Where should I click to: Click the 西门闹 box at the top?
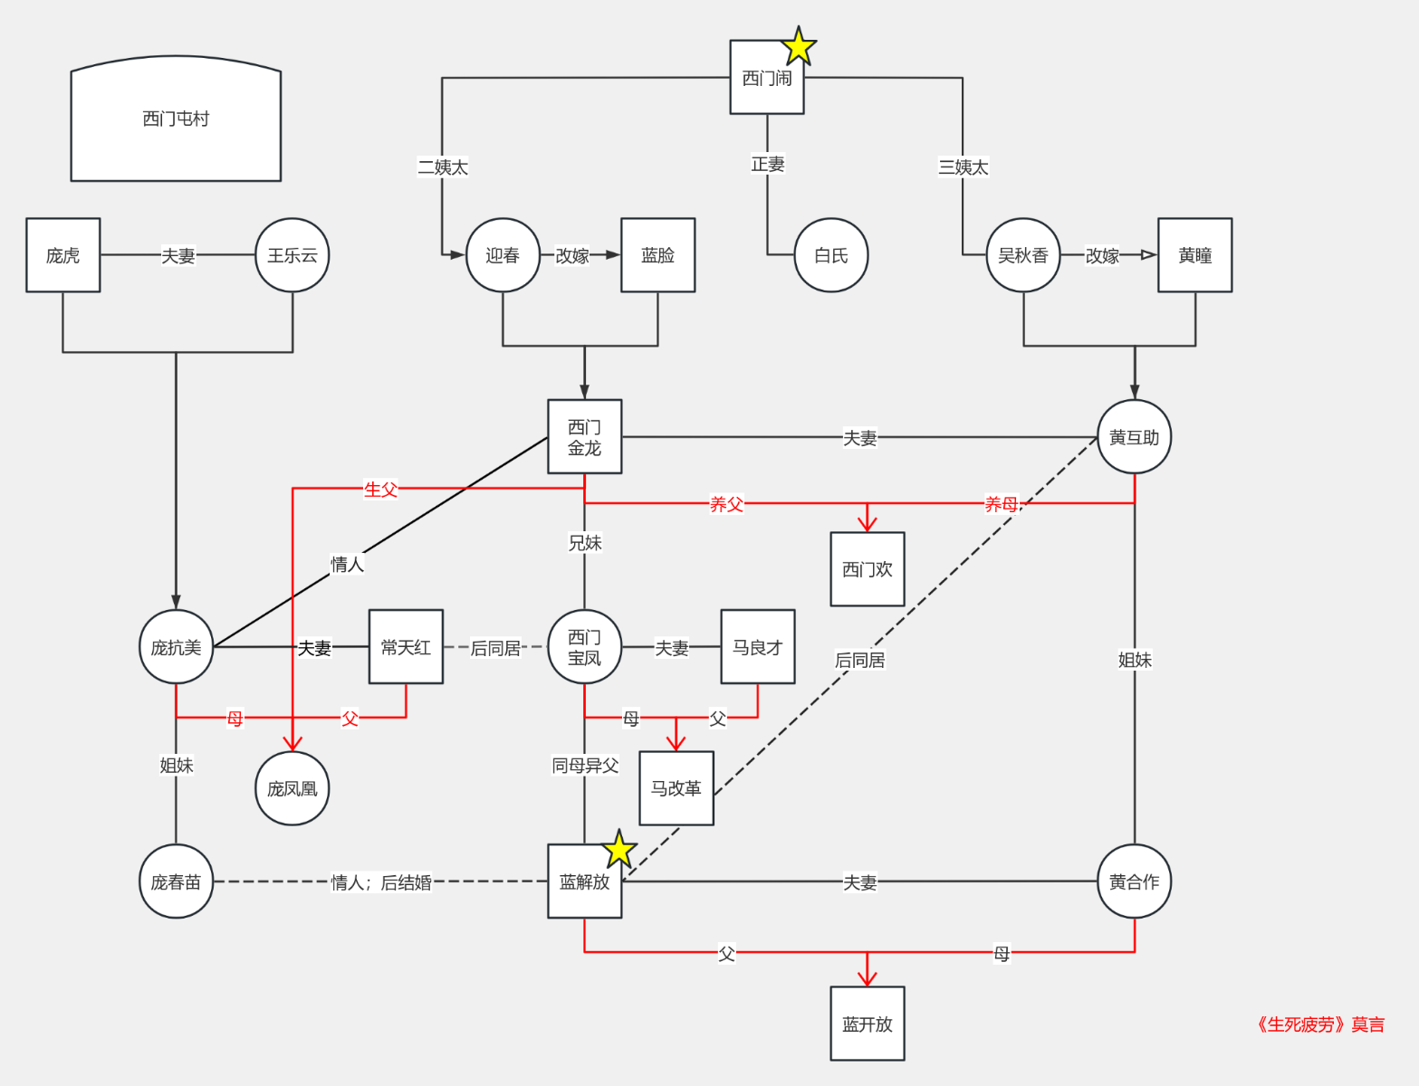tap(767, 77)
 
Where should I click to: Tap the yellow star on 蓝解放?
tap(619, 849)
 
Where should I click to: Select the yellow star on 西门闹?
tap(798, 46)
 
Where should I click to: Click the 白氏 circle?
tap(830, 255)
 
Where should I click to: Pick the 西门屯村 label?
tap(176, 119)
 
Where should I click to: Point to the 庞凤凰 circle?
tap(292, 788)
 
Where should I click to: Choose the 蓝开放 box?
tap(868, 1024)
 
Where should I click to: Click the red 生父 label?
tap(380, 489)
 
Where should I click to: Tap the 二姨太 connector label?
tap(443, 167)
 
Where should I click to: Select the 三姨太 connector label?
tap(964, 167)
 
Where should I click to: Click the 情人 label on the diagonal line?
tap(347, 564)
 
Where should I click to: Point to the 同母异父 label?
tap(584, 765)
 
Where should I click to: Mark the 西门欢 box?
tap(868, 569)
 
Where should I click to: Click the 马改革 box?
tap(676, 788)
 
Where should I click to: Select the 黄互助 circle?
tap(1135, 436)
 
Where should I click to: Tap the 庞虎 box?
tap(62, 255)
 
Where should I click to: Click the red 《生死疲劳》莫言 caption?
tap(1319, 1024)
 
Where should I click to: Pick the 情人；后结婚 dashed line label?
tap(381, 882)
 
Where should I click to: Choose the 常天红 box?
tap(406, 647)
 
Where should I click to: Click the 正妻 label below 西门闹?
tap(767, 164)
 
